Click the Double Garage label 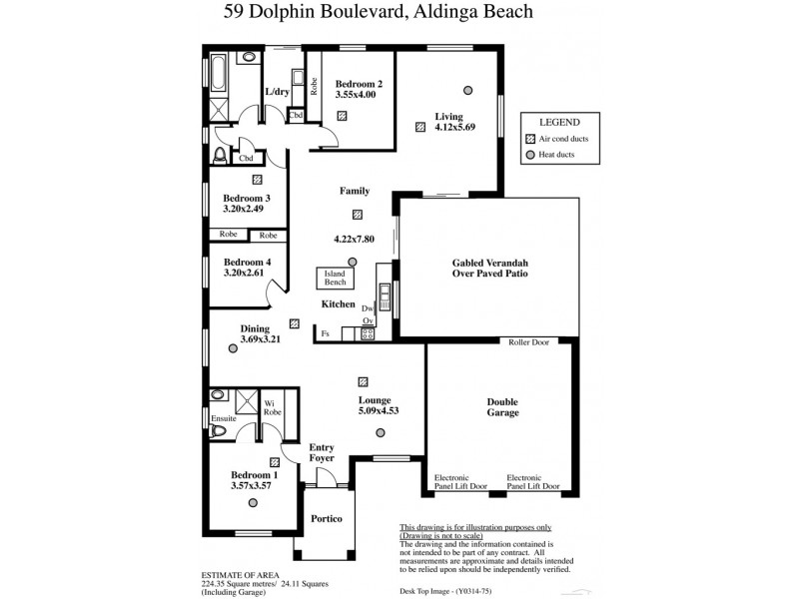(x=502, y=407)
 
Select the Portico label (x=327, y=519)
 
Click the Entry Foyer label (x=322, y=452)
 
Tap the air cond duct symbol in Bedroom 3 (x=258, y=180)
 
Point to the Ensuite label (x=224, y=418)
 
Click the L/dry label (x=277, y=93)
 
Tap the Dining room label (x=255, y=327)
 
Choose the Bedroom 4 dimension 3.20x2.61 (x=245, y=273)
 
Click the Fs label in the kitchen (x=325, y=332)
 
